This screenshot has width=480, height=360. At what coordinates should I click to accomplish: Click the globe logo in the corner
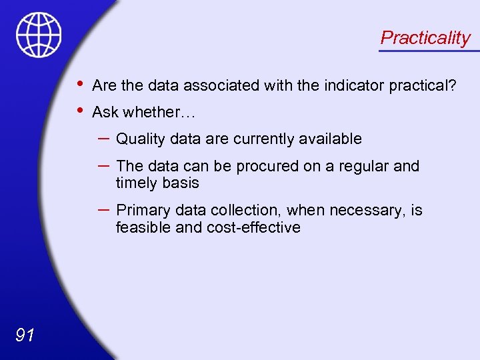coord(39,35)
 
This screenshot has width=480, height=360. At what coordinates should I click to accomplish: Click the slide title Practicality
coord(425,38)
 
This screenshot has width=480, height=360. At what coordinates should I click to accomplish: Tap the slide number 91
coord(25,335)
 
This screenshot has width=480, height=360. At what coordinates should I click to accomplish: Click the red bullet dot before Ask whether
coord(80,110)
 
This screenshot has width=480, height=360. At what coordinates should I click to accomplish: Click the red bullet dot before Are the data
coord(80,83)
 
